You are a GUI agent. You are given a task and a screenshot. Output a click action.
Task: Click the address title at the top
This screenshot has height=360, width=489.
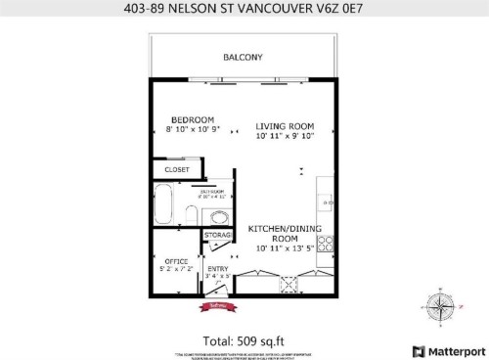(244, 10)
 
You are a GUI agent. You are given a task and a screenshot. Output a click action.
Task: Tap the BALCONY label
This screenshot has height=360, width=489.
(244, 57)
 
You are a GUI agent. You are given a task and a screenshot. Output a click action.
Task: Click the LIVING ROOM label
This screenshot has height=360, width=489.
(284, 126)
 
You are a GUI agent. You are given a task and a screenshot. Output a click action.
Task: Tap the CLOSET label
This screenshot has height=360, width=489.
(177, 169)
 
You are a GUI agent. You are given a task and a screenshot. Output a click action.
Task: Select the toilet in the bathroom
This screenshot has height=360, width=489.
(221, 215)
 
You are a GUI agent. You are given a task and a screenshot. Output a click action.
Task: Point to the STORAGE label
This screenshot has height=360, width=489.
(217, 235)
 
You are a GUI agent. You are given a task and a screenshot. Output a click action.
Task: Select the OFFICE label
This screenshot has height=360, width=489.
(176, 261)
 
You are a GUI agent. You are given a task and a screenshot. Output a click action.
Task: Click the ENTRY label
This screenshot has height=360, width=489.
(217, 269)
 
